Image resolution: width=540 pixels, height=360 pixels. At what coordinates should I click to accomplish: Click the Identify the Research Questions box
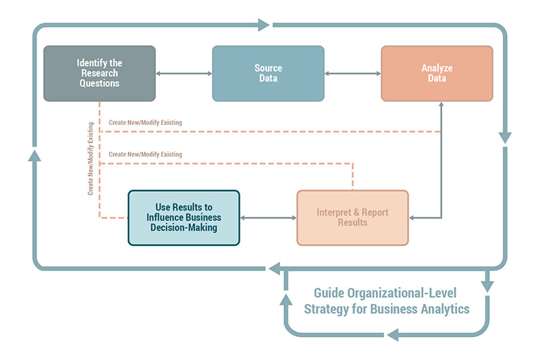click(99, 73)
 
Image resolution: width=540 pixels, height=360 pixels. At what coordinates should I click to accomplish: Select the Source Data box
click(268, 73)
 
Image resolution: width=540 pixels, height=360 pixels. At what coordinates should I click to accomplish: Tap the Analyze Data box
click(437, 73)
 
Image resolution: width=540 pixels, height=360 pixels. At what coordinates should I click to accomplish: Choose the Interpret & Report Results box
click(352, 217)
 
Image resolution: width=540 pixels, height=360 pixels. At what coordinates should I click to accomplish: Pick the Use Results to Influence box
click(184, 217)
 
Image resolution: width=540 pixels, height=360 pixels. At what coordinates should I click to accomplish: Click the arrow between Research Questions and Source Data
click(184, 73)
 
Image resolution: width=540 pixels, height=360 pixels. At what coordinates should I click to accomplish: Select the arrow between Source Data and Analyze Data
click(352, 73)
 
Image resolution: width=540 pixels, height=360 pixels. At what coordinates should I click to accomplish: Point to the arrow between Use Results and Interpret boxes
click(268, 217)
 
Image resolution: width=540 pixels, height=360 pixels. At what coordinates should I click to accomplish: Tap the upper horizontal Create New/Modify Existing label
click(145, 123)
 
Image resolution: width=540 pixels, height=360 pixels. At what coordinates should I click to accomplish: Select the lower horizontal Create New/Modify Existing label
click(145, 155)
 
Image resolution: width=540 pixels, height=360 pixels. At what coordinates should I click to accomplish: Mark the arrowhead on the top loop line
click(264, 26)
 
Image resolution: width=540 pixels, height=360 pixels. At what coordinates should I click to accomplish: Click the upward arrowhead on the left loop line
click(35, 155)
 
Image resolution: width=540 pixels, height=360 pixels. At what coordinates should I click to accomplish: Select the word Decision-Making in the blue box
click(184, 228)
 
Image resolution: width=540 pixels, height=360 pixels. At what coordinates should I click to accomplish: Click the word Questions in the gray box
click(99, 83)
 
